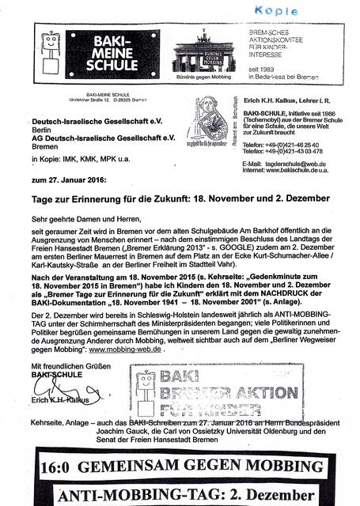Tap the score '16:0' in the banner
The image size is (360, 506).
coord(51,466)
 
